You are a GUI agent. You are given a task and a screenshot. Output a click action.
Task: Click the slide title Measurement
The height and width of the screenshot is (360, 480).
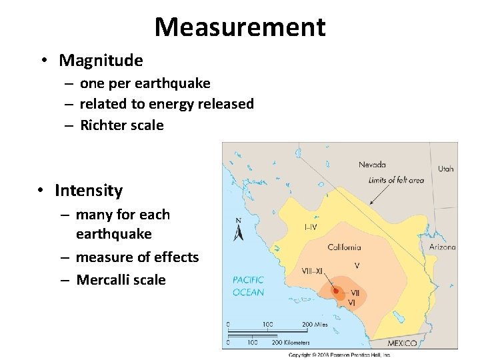tap(240, 27)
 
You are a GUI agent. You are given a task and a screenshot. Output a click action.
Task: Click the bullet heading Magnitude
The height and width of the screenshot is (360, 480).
tap(101, 61)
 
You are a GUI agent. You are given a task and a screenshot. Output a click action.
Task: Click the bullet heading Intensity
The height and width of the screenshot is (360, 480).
tap(89, 191)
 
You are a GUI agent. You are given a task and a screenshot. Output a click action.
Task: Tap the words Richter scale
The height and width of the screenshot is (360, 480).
tap(121, 125)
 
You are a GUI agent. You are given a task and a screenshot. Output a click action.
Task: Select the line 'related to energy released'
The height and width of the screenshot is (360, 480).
tap(167, 104)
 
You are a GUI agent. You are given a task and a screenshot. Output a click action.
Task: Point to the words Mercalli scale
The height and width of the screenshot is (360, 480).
tap(121, 280)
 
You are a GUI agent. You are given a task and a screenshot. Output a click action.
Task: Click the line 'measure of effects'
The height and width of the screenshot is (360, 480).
tap(137, 257)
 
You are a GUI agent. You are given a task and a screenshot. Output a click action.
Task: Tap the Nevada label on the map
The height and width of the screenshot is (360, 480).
tap(372, 165)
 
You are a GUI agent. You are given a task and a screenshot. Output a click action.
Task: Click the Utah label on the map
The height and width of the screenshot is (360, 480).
tap(445, 169)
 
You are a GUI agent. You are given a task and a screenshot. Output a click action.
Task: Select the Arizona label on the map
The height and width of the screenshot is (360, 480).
tap(442, 247)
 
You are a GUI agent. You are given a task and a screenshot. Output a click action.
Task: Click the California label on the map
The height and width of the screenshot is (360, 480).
tap(344, 247)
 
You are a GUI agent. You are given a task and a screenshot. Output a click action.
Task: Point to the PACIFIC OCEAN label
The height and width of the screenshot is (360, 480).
tap(248, 286)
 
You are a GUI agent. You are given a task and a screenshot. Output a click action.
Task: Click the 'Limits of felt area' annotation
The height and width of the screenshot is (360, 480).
tap(396, 180)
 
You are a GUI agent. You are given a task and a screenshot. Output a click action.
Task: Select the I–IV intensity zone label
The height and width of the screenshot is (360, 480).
tap(311, 227)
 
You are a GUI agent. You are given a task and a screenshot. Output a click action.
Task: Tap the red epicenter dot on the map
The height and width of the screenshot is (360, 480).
tap(335, 291)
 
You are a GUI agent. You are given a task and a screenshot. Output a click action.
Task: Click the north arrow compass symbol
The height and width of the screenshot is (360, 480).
tap(239, 230)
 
